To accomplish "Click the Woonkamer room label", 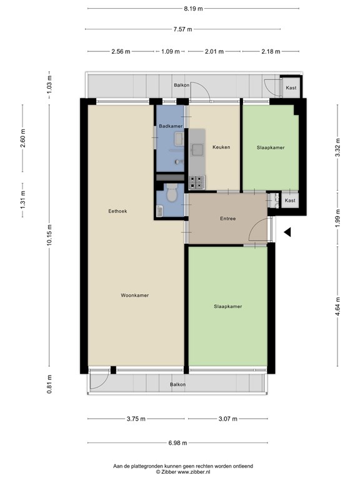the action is pos(135,296).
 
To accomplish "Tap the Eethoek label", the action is pos(117,211).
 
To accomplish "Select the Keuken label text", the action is pos(221,147).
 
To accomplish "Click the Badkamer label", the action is pos(171,126).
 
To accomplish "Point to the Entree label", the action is pos(228,219).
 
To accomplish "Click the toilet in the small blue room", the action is pos(172,192).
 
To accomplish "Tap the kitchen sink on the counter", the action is pos(197,150).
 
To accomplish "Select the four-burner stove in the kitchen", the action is pos(196,182).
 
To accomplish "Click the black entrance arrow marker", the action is pos(287,232).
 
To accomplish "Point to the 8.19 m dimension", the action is pos(193,9).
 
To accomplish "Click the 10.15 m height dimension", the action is pos(49,235).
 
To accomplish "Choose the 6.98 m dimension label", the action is pos(177,442).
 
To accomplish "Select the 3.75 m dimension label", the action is pos(136,419).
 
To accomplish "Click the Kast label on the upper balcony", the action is pos(291,88).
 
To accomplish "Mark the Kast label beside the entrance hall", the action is pos(290,201).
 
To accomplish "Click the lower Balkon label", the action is pos(178,384).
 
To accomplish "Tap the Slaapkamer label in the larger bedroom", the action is pos(228,306).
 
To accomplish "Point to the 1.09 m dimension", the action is pos(171,51).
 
